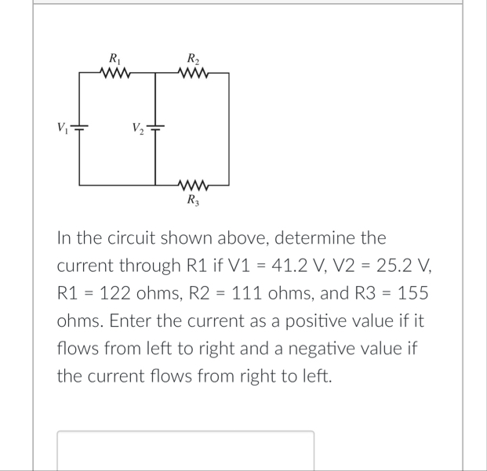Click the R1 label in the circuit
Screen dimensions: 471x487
pyautogui.click(x=114, y=58)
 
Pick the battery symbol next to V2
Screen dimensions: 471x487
pyautogui.click(x=157, y=128)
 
